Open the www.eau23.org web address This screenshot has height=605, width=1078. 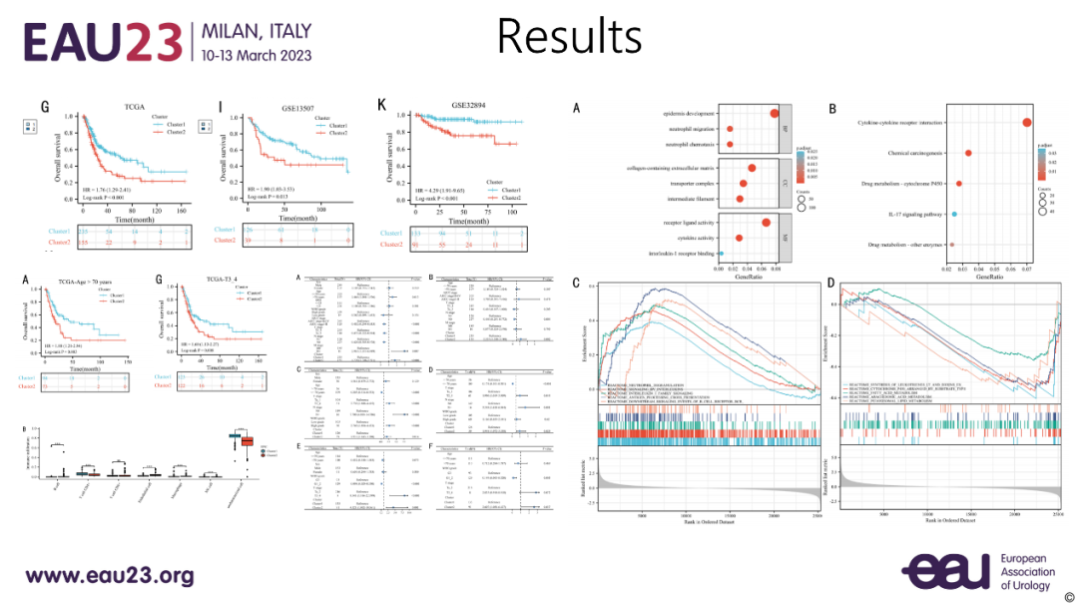109,576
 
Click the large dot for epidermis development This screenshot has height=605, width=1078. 775,113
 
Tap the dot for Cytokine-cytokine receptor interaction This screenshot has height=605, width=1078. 1026,122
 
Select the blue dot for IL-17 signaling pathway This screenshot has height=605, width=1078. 954,214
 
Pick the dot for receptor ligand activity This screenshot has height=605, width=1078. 766,222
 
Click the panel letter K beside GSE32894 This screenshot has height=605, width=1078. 381,104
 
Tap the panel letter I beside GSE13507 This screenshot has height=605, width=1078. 220,105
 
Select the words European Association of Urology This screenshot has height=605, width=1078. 1027,572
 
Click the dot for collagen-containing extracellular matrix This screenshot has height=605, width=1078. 752,168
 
